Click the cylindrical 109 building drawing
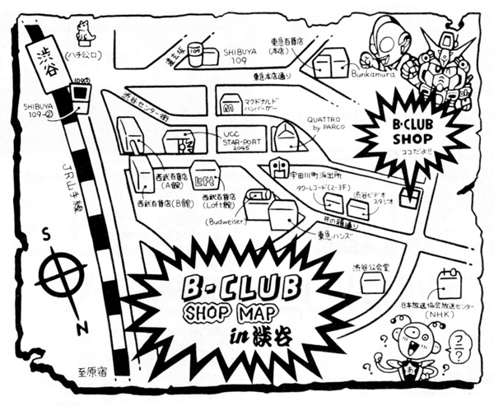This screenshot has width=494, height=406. (197, 53)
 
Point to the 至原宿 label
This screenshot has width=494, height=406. (93, 372)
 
